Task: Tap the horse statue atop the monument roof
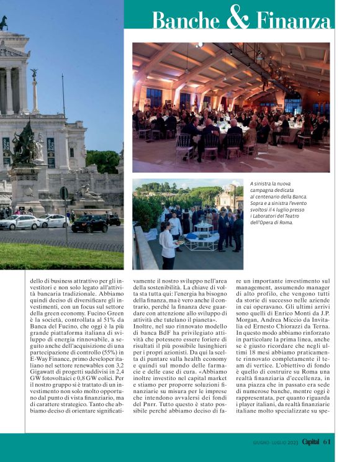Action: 4,22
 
